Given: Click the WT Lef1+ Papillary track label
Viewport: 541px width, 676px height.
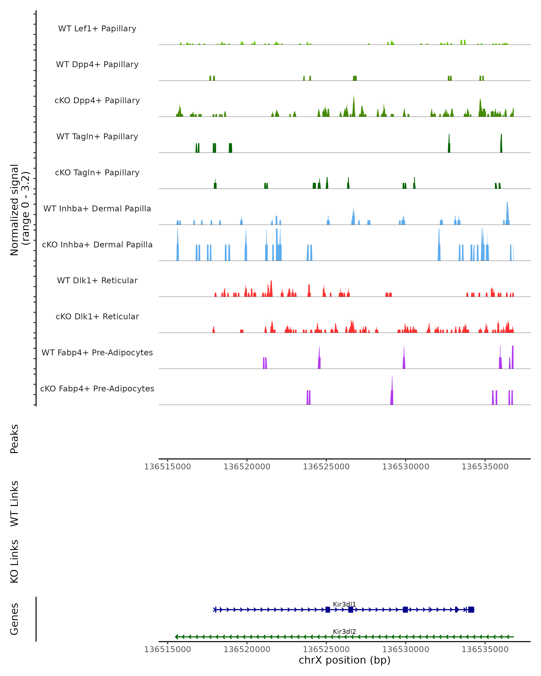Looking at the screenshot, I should pyautogui.click(x=97, y=29).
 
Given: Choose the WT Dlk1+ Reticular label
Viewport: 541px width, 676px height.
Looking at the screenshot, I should pyautogui.click(x=97, y=280).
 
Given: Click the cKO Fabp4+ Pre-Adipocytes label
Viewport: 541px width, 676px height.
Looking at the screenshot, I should pyautogui.click(x=97, y=388).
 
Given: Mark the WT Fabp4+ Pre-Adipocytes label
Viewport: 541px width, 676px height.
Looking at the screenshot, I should pyautogui.click(x=97, y=352).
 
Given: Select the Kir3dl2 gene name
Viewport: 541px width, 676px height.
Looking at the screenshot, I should pyautogui.click(x=344, y=631).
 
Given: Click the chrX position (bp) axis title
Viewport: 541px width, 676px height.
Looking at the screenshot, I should pyautogui.click(x=344, y=660).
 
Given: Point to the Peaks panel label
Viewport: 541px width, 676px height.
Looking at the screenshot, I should pyautogui.click(x=14, y=439).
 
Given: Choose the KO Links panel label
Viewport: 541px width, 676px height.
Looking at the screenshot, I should pyautogui.click(x=14, y=561).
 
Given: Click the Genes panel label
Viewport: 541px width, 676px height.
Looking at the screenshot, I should pyautogui.click(x=14, y=619).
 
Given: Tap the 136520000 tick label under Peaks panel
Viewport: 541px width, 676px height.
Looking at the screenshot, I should pyautogui.click(x=247, y=467).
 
